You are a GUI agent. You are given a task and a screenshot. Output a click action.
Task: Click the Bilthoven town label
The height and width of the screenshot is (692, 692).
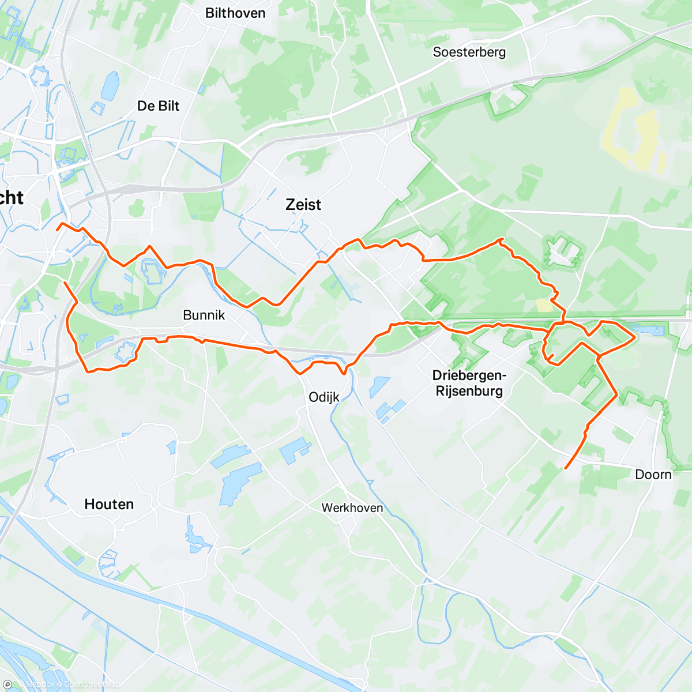click(x=235, y=13)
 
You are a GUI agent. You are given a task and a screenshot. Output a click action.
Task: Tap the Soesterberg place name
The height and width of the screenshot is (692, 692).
click(x=469, y=52)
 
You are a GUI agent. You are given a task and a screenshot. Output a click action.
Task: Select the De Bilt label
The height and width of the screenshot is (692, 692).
click(x=158, y=106)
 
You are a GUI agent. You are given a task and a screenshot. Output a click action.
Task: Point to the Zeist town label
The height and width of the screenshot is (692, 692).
click(x=303, y=204)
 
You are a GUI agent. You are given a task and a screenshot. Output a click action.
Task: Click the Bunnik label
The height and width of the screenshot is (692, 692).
click(x=204, y=315)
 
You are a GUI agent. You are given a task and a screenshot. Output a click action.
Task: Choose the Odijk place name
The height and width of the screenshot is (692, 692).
click(x=324, y=397)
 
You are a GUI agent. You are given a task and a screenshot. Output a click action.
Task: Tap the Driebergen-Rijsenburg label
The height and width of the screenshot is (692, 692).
click(x=469, y=383)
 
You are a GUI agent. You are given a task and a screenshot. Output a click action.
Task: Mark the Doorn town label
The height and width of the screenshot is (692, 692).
click(x=653, y=475)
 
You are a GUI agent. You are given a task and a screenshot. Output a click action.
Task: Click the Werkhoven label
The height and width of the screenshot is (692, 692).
click(x=352, y=508)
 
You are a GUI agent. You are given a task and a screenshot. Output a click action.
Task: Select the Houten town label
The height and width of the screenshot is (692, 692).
click(x=109, y=505)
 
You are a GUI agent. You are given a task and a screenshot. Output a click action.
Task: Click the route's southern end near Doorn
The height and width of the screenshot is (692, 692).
click(x=566, y=467)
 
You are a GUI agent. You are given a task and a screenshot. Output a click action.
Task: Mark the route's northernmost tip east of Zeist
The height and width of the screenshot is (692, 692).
click(x=502, y=239)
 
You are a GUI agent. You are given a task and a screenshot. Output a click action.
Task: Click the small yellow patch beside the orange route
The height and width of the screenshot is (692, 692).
click(x=544, y=304)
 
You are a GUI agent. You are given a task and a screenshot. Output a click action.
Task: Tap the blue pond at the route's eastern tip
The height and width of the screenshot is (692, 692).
click(x=646, y=332)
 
